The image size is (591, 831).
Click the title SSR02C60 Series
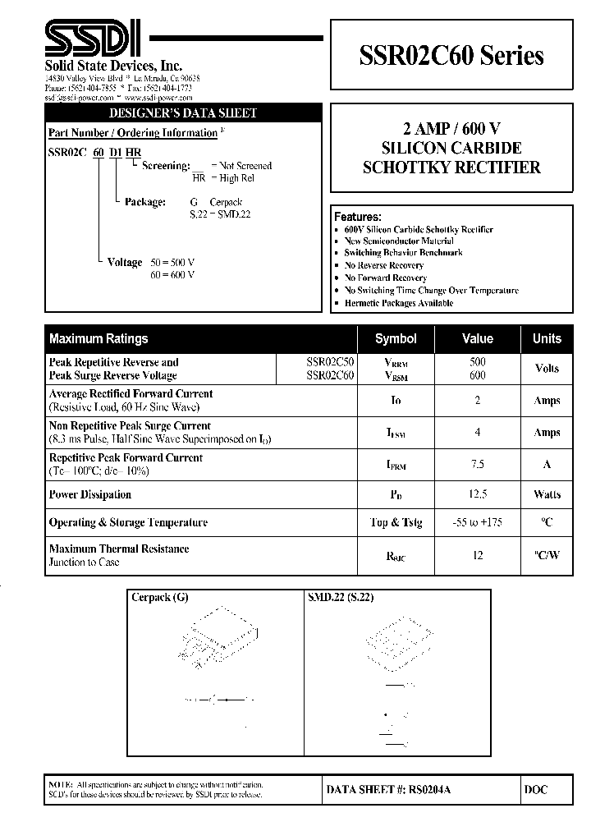tap(451, 56)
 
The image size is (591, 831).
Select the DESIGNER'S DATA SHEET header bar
tap(183, 113)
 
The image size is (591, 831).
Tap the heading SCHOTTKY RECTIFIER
tap(451, 168)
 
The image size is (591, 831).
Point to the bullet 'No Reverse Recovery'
tap(383, 265)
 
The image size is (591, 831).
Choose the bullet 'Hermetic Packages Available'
tap(398, 303)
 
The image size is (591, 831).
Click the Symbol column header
tap(396, 338)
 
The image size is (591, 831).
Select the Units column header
tap(547, 338)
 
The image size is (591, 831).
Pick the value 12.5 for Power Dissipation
tap(478, 494)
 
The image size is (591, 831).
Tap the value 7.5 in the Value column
tap(478, 464)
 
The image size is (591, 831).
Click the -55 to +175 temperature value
tap(478, 522)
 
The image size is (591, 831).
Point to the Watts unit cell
tap(547, 494)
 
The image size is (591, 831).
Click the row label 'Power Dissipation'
tap(90, 494)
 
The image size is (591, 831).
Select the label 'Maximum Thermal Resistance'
tap(119, 549)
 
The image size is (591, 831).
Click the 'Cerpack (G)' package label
tap(160, 597)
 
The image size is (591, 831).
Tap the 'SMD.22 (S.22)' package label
tap(341, 597)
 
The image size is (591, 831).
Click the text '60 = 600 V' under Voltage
tap(172, 275)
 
